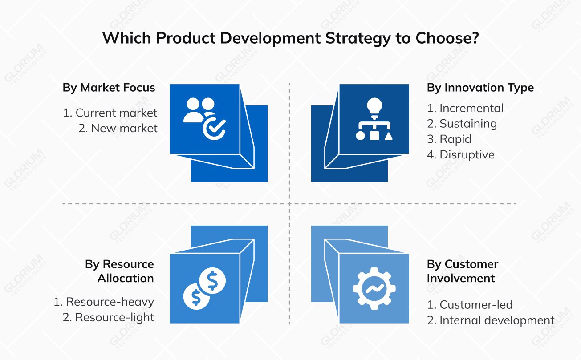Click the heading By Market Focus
[109, 88]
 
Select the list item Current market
[110, 113]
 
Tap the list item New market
[118, 128]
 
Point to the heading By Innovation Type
[480, 88]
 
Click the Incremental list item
[465, 108]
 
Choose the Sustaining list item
[462, 124]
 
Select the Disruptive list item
[461, 155]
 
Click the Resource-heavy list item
[104, 302]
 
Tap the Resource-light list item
[109, 317]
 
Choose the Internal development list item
[491, 320]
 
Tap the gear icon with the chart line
[374, 288]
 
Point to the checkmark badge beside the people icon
[214, 128]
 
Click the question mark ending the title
[475, 38]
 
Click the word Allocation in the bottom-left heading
[126, 279]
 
